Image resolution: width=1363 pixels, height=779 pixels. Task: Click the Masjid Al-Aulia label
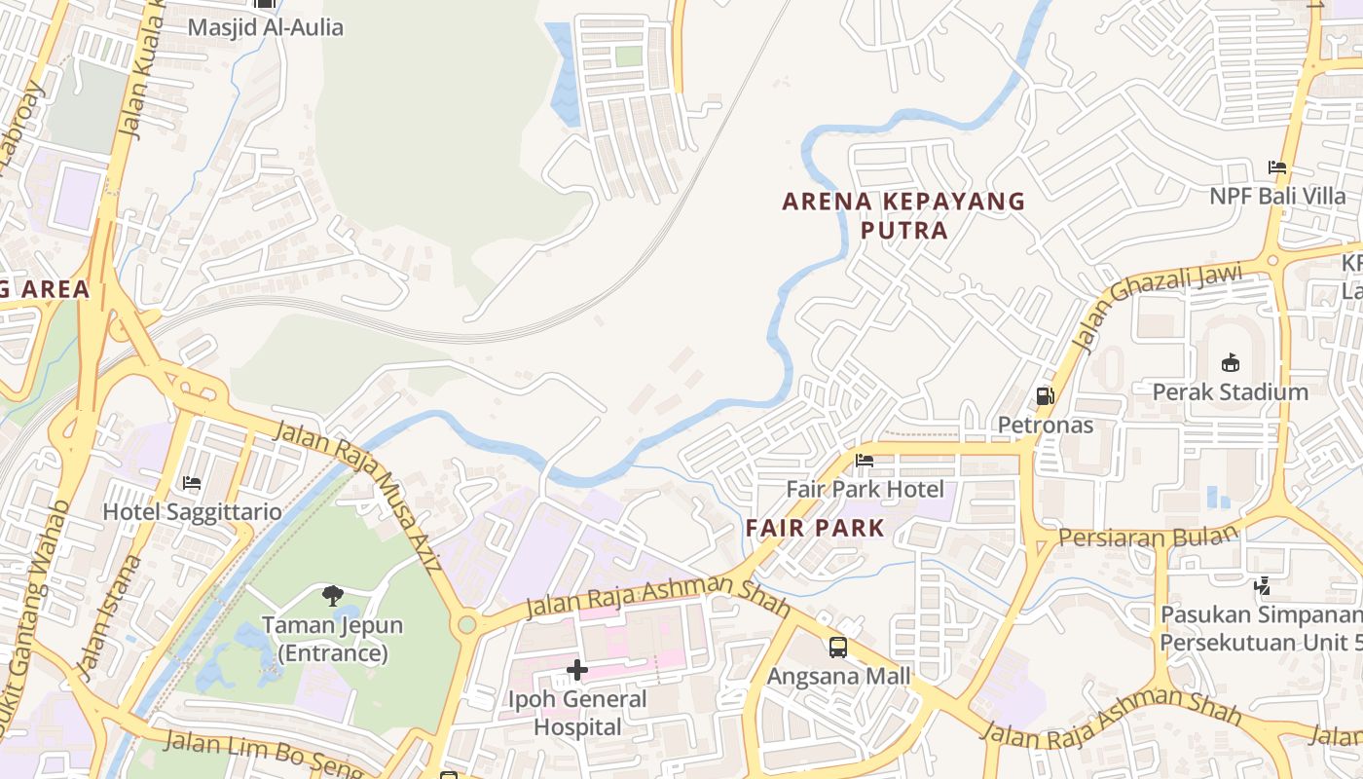[x=265, y=27]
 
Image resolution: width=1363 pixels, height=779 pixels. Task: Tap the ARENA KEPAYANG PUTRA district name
[x=904, y=215]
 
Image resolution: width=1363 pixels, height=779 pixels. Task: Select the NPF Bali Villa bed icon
[x=1277, y=167]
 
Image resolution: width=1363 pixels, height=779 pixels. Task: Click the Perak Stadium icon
[x=1231, y=363]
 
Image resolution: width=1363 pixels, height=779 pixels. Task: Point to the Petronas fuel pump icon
[x=1045, y=396]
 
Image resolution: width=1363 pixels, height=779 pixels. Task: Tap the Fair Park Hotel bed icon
[x=865, y=461]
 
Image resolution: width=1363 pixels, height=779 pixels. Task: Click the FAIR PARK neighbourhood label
[x=815, y=529]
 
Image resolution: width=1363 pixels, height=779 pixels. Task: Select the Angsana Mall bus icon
[x=837, y=648]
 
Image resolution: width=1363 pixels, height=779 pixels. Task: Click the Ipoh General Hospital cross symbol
[x=577, y=670]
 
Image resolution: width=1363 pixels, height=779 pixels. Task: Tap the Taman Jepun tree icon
[x=333, y=595]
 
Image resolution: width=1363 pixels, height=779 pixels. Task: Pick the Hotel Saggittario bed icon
[x=192, y=483]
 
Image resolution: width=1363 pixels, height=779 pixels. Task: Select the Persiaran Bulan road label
[x=1148, y=536]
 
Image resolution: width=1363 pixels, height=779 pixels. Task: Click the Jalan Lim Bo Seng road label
[x=263, y=754]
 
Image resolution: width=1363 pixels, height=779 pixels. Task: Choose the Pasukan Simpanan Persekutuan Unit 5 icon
[x=1263, y=586]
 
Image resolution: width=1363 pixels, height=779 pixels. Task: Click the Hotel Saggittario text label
[x=192, y=511]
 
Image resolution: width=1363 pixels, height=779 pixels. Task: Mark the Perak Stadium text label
[x=1231, y=391]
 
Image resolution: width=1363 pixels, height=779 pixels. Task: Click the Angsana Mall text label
[x=838, y=676]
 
